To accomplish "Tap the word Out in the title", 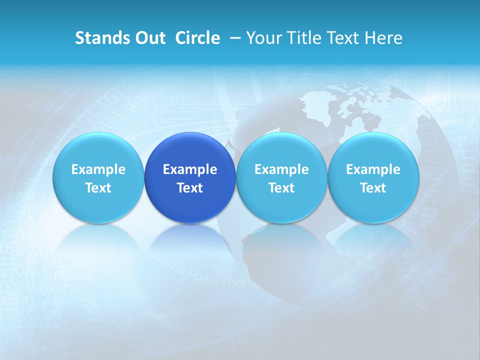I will pyautogui.click(x=148, y=38).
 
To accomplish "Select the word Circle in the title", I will pyautogui.click(x=197, y=38).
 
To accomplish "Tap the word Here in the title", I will pyautogui.click(x=384, y=38).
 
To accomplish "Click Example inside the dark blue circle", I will pyautogui.click(x=190, y=169).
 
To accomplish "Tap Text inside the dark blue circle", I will pyautogui.click(x=190, y=188).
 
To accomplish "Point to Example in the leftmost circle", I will pyautogui.click(x=98, y=169).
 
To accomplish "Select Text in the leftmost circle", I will pyautogui.click(x=98, y=188).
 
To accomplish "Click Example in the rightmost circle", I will pyautogui.click(x=373, y=169).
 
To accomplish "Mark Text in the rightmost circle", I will pyautogui.click(x=373, y=188).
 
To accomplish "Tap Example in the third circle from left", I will pyautogui.click(x=281, y=169).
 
